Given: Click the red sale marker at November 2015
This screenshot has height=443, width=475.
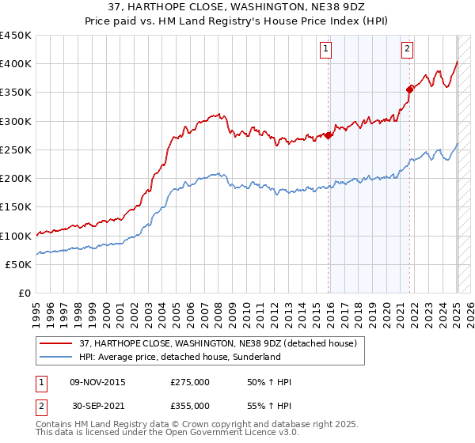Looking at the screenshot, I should [x=329, y=135].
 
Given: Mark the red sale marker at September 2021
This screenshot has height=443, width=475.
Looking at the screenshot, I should [x=409, y=89].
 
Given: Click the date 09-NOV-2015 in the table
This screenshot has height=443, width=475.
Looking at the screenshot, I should [x=97, y=383].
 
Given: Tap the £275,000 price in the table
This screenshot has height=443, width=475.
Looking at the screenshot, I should [x=190, y=383].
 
